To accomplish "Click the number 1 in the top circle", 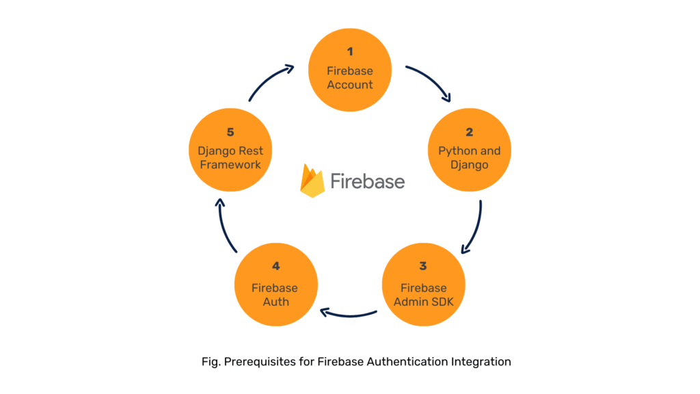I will click(350, 52).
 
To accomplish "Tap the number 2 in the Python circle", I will click(469, 132).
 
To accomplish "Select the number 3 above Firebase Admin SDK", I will click(422, 266).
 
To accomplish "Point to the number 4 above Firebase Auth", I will click(275, 266).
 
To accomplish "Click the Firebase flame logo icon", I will click(312, 181).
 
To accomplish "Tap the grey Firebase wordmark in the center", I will click(367, 181).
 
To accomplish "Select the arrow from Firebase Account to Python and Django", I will click(429, 82).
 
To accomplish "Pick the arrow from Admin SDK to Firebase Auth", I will click(349, 314).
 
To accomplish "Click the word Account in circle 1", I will click(350, 85).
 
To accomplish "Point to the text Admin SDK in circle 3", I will click(422, 302).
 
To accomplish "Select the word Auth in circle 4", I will click(275, 302).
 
